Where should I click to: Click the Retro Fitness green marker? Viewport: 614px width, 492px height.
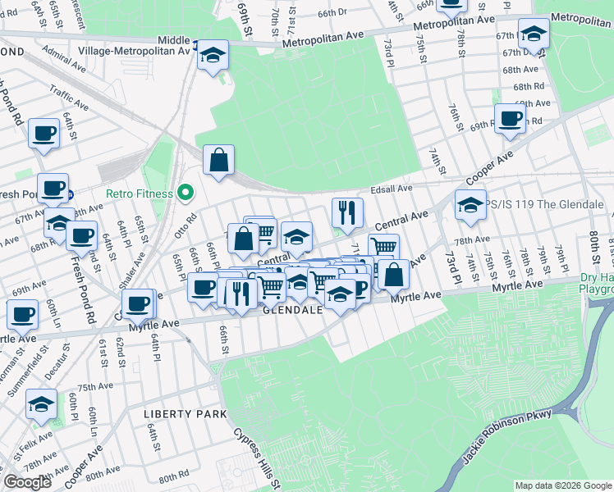point(186,194)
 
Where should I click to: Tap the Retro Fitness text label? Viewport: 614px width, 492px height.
point(139,194)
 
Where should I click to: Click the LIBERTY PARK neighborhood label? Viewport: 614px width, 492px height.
point(185,414)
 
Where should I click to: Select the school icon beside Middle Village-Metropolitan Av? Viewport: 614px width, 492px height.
point(213,55)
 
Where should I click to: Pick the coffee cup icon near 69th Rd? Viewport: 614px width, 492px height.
point(510,118)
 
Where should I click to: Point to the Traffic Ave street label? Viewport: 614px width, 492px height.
point(69,98)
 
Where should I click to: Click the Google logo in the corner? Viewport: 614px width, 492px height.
point(27,482)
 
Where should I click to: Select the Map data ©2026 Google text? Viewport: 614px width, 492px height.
point(562,485)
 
